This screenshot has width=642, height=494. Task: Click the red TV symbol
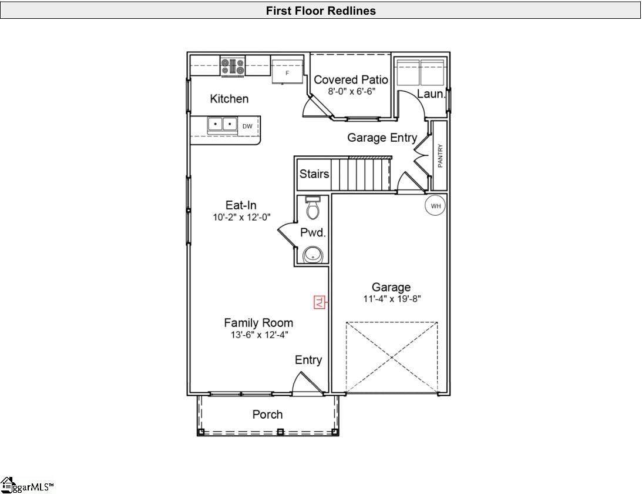tap(320, 302)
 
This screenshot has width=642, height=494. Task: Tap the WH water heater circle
tap(435, 206)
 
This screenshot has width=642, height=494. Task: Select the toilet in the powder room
tap(313, 207)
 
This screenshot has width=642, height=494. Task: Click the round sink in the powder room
tap(313, 255)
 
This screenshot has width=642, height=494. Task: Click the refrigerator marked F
tap(287, 72)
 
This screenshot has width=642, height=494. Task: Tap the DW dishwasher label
tap(247, 126)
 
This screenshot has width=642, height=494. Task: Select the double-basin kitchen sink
tap(223, 125)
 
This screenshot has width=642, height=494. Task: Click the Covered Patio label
tap(351, 79)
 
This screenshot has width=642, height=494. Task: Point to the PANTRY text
tap(440, 155)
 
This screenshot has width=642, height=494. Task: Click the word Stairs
tap(314, 174)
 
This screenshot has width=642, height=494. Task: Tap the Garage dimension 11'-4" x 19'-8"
tap(392, 299)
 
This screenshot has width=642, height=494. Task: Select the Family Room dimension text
tap(259, 335)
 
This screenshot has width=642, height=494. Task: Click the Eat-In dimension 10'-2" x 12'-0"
tap(241, 217)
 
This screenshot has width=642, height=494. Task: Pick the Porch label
tap(267, 415)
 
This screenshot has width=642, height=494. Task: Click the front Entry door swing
tap(307, 383)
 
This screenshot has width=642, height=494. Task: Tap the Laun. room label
tap(431, 94)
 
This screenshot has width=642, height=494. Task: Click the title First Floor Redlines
tap(321, 11)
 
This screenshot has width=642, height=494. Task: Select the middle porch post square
tap(280, 432)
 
